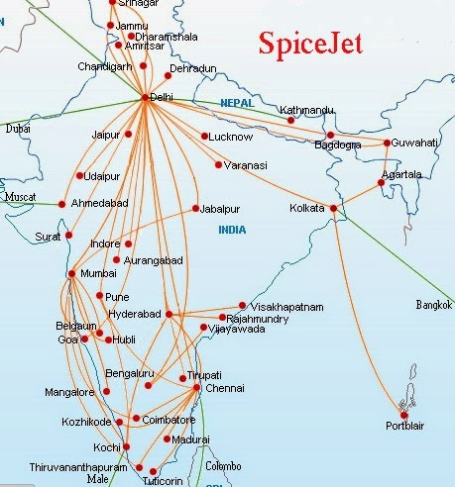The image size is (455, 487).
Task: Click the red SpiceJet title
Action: point(310,44)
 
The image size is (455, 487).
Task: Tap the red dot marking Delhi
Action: point(146,97)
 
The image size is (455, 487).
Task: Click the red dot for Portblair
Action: point(404,415)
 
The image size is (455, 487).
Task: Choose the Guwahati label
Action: point(415,144)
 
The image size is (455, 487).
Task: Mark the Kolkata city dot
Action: point(334,209)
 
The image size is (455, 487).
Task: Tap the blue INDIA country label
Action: point(235,231)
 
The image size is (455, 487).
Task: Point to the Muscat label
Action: point(20,197)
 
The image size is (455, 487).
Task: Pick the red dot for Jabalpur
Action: point(195,209)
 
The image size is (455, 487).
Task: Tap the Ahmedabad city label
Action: point(99,203)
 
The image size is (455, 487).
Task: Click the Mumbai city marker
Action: point(70,274)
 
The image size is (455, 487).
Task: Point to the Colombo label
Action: point(221,465)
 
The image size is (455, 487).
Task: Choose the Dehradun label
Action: point(192,67)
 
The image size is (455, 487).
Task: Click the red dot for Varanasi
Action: point(218,164)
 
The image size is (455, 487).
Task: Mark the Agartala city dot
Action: point(382,183)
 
